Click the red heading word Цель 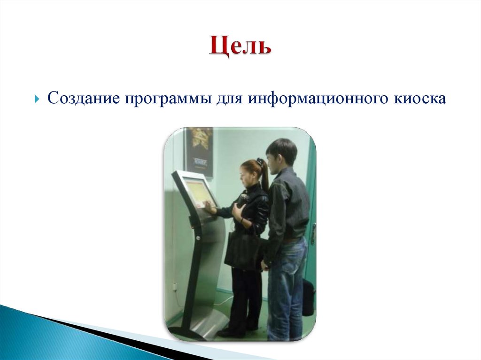point(240,47)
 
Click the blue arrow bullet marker point(38,99)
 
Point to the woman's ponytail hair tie point(260,161)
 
